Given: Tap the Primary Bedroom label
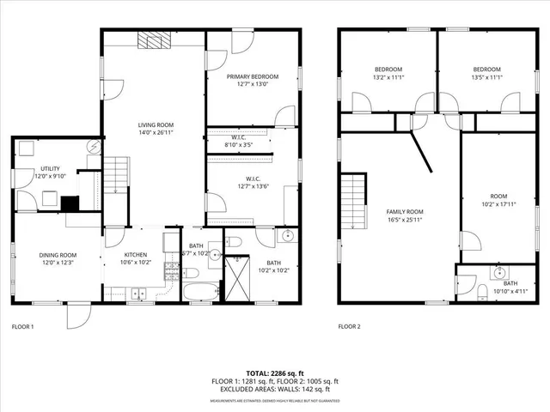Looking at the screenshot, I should pyautogui.click(x=253, y=80).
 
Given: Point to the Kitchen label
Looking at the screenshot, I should pyautogui.click(x=135, y=258).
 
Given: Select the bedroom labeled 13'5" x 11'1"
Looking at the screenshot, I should pyautogui.click(x=487, y=73).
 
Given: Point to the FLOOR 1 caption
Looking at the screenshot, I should pyautogui.click(x=22, y=327).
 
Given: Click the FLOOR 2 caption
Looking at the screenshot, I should pyautogui.click(x=349, y=327).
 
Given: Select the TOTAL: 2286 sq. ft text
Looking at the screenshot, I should pyautogui.click(x=274, y=373).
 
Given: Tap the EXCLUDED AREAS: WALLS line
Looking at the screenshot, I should pyautogui.click(x=274, y=389).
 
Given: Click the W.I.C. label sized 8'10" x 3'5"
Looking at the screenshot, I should pyautogui.click(x=240, y=141).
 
